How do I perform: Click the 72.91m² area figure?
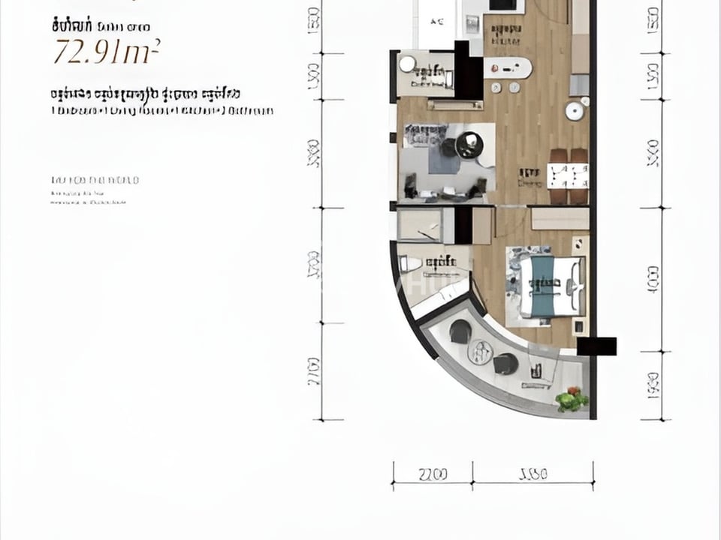[105, 51]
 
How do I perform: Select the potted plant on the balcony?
[572, 400]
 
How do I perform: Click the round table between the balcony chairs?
[480, 350]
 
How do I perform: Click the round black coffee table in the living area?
[469, 144]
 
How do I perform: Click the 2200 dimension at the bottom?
[433, 475]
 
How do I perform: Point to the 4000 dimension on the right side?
[653, 277]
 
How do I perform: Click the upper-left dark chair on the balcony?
[460, 330]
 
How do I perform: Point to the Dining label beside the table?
[529, 178]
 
